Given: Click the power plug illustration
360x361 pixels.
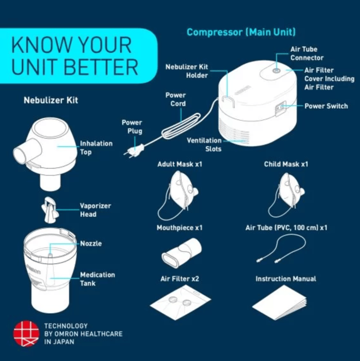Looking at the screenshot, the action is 134,151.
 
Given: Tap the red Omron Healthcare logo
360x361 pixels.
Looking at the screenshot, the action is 26,333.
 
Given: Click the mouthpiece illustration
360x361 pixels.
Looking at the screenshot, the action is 181,253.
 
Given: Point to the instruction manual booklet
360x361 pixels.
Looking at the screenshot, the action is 279,302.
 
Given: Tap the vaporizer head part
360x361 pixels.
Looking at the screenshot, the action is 50,210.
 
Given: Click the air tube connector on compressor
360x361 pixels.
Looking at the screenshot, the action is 276,70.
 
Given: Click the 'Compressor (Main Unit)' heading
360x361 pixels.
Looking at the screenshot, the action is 241,32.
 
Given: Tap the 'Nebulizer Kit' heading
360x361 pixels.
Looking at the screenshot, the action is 51,100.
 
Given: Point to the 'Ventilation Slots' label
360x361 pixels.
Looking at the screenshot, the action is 204,144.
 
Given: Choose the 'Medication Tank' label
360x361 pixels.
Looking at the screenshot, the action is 97,279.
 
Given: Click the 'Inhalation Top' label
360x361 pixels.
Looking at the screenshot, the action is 96,148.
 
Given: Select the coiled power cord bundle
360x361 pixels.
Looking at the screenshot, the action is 181,126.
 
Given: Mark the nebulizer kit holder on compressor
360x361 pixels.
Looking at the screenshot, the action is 228,101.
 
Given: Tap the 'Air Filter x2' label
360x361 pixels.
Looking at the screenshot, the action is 180,279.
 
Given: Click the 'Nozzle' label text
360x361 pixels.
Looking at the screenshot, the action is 91,243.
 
